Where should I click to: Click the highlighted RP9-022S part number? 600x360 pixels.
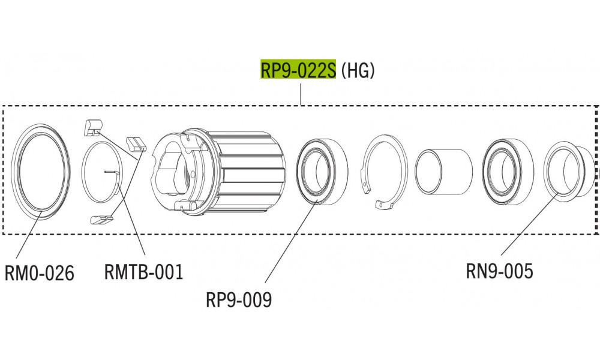[x=298, y=70]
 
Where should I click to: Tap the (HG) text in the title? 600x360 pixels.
[x=358, y=70]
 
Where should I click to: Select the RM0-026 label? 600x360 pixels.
[x=40, y=274]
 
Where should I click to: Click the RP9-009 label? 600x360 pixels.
[x=239, y=299]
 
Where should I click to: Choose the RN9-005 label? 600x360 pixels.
[x=499, y=272]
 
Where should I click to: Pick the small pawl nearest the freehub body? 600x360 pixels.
[x=136, y=144]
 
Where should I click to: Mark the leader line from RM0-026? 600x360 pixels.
[x=27, y=240]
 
